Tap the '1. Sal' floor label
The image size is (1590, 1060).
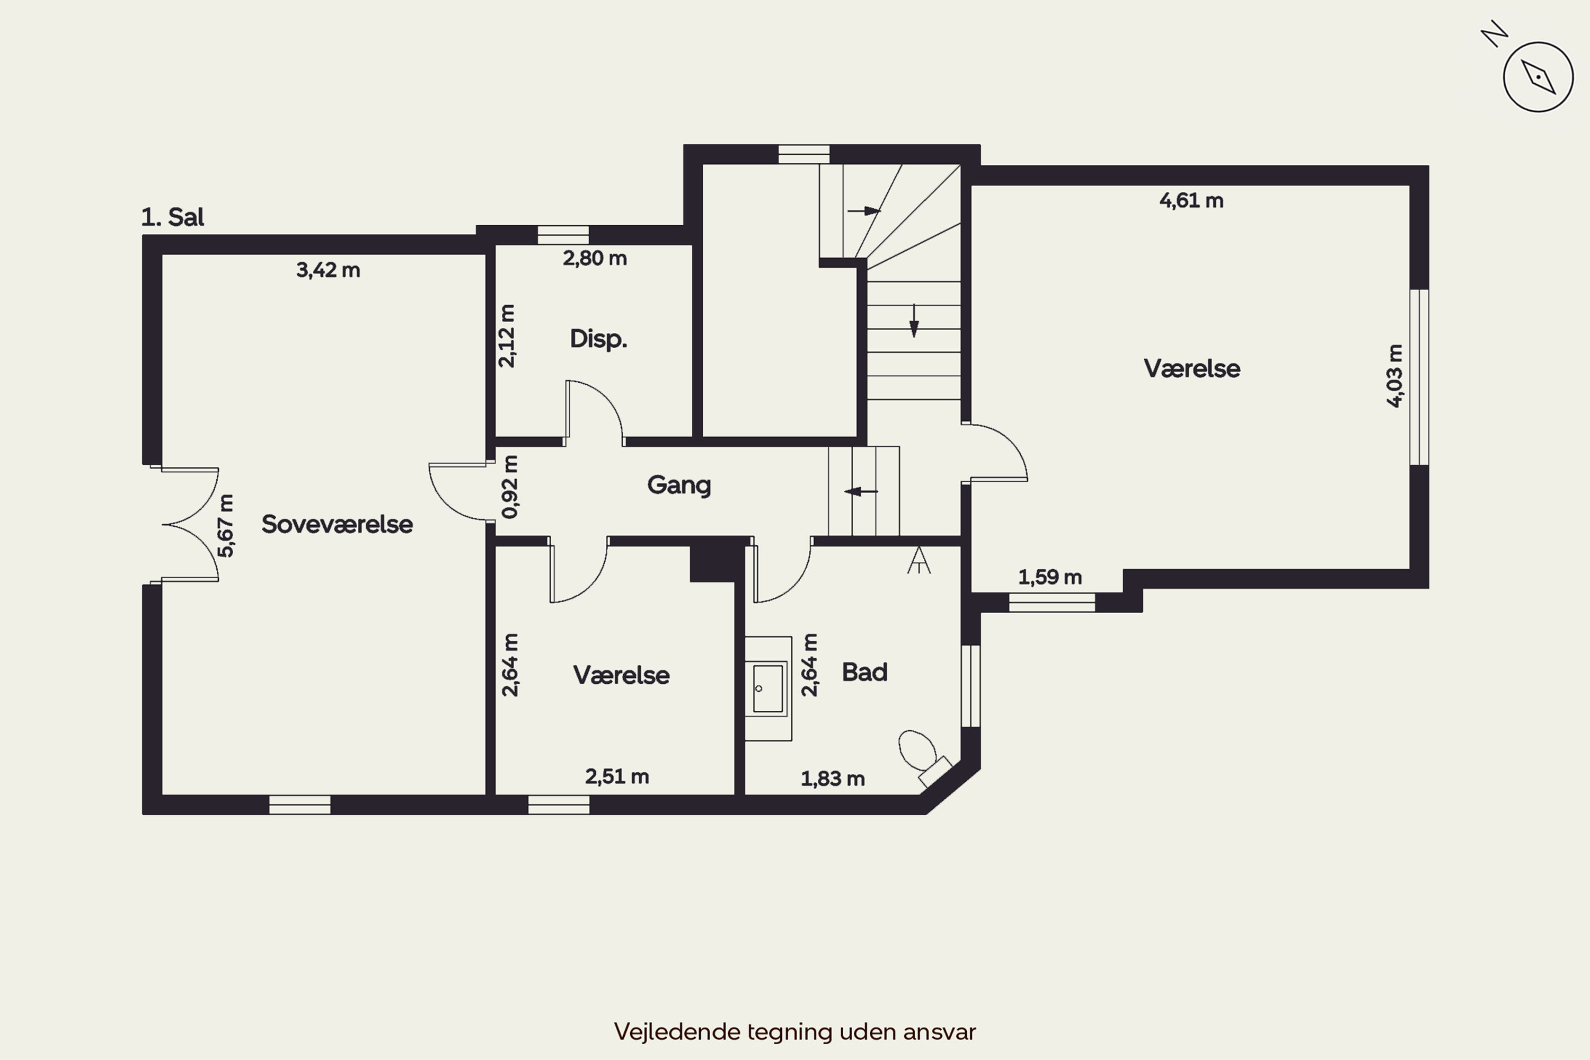tap(172, 217)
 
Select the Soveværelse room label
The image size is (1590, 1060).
tap(337, 524)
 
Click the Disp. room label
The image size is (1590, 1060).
tap(598, 339)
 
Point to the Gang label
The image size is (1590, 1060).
tap(679, 485)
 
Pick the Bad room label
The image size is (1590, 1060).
tap(864, 672)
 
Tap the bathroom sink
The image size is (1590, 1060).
tap(768, 688)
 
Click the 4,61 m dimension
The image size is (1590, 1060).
tap(1191, 201)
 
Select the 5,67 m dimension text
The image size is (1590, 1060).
tap(226, 526)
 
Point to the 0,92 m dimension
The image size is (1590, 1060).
tap(510, 487)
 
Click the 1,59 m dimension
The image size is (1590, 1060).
tap(1050, 577)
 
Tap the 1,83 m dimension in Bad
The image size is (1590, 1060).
tap(833, 779)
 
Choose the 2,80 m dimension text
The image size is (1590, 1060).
tap(595, 258)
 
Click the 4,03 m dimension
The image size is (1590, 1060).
tap(1394, 376)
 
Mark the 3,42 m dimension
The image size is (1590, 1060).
tap(328, 270)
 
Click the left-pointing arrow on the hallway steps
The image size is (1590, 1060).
tap(861, 491)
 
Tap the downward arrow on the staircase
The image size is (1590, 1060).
tap(914, 321)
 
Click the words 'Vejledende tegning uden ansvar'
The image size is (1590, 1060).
tap(795, 1031)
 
